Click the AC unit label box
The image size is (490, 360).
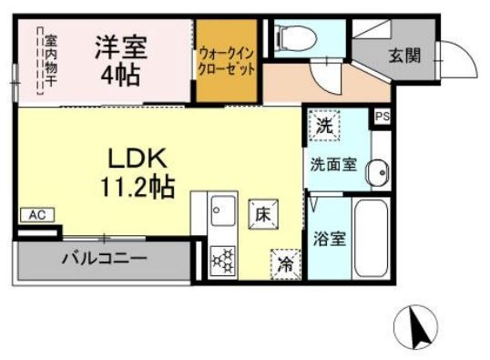point(37,215)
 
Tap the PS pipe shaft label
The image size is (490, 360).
point(383,117)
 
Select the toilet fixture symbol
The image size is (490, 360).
point(296,38)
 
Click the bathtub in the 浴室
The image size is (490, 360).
point(372,239)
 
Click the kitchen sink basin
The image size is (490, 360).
point(223,211)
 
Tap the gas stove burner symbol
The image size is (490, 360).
point(222,261)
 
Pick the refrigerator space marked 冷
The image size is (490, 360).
point(286,264)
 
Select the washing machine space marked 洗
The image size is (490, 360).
point(324,126)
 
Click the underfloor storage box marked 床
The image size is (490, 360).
point(263,214)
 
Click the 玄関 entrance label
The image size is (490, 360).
point(404,56)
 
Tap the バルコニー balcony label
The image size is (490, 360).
point(104,259)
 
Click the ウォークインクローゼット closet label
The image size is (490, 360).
point(227,61)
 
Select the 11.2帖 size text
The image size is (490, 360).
point(137,187)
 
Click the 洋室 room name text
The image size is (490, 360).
point(121,47)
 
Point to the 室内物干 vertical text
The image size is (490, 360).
point(50,60)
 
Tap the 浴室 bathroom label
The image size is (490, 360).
point(330,239)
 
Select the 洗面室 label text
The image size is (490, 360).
point(333,165)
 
